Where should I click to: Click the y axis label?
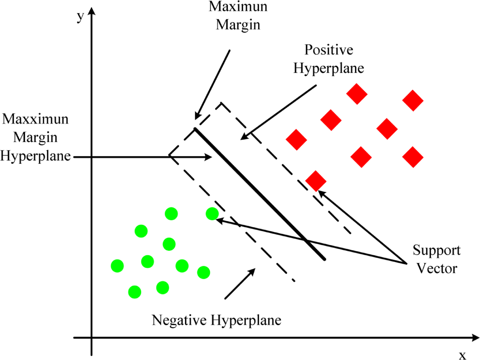pyautogui.click(x=80, y=17)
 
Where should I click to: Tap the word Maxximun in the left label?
pyautogui.click(x=35, y=119)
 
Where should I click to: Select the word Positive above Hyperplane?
pyautogui.click(x=329, y=50)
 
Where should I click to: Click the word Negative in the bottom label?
pyautogui.click(x=179, y=320)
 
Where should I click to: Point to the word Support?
pyautogui.click(x=436, y=250)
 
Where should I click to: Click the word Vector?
pyautogui.click(x=437, y=268)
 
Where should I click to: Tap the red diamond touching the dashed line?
pyautogui.click(x=316, y=181)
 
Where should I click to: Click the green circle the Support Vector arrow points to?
pyautogui.click(x=212, y=214)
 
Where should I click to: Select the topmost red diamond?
pyautogui.click(x=357, y=94)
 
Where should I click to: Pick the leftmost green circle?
pyautogui.click(x=117, y=266)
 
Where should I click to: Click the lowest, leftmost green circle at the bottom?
pyautogui.click(x=135, y=292)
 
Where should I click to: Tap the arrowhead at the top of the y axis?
pyautogui.click(x=92, y=11)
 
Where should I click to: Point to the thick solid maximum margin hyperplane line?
pyautogui.click(x=260, y=194)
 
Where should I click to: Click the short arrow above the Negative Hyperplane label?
pyautogui.click(x=240, y=283)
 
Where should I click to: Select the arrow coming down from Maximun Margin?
pyautogui.click(x=213, y=84)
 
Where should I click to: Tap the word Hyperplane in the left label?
pyautogui.click(x=35, y=156)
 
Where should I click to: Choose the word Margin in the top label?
pyautogui.click(x=238, y=25)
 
